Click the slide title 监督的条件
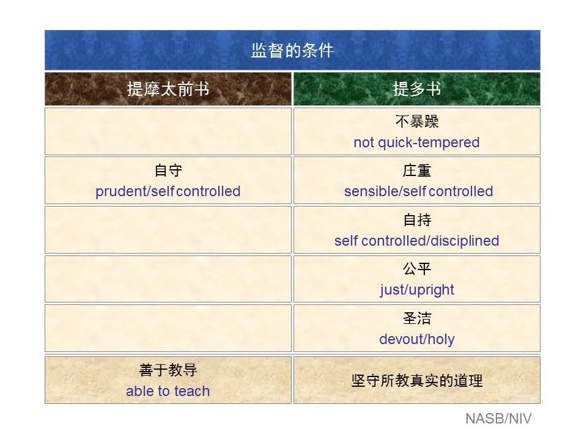(x=292, y=51)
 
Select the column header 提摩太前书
(x=168, y=89)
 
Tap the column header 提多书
(x=416, y=89)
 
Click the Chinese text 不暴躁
(x=416, y=122)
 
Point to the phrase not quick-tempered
(x=416, y=142)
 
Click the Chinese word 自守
(x=168, y=170)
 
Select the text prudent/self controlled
(x=168, y=191)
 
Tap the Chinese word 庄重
(x=416, y=170)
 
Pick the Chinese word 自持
(x=416, y=220)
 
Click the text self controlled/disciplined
(x=416, y=241)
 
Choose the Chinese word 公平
(x=416, y=269)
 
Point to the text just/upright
(x=416, y=290)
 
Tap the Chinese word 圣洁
(x=416, y=318)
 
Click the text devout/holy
(x=416, y=339)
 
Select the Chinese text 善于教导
(x=168, y=370)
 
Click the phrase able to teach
(x=168, y=391)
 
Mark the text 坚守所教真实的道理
(x=416, y=381)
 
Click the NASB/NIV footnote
(x=498, y=419)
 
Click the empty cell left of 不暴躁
(x=168, y=131)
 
